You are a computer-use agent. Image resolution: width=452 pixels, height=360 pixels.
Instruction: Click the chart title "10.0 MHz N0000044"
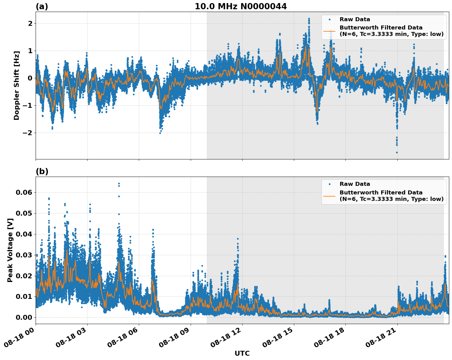[241, 6]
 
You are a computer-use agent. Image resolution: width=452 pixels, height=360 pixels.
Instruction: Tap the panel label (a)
[42, 6]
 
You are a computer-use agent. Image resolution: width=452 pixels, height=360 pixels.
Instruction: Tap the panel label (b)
[42, 171]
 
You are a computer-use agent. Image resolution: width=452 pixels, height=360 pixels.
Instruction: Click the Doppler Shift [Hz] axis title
[17, 85]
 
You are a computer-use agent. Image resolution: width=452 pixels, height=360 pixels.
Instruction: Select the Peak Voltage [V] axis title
[10, 250]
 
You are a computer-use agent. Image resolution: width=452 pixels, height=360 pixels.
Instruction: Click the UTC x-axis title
[242, 353]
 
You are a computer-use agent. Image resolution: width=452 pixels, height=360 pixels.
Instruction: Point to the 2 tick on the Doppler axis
[30, 23]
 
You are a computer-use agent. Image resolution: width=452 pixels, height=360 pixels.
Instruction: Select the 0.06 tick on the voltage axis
[24, 192]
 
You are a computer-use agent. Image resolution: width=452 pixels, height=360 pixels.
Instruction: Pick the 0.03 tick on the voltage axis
[24, 255]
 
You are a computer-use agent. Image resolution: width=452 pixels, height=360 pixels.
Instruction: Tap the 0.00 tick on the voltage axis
[24, 317]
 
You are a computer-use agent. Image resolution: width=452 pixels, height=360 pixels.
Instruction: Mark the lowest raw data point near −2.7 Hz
[397, 152]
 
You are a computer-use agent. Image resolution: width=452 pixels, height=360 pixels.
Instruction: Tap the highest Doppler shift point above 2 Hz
[309, 19]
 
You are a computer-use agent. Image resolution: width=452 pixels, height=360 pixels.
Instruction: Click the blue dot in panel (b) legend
[329, 184]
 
